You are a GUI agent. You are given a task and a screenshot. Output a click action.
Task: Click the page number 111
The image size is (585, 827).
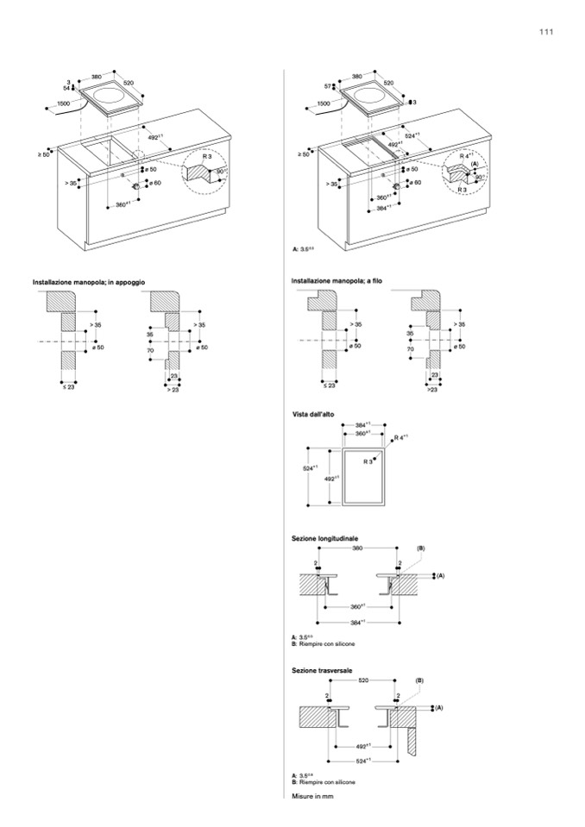click(x=545, y=32)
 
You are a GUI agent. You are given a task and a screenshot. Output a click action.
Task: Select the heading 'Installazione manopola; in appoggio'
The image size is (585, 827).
click(x=89, y=282)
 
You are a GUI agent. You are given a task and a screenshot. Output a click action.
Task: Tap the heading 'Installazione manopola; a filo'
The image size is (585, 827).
click(x=337, y=282)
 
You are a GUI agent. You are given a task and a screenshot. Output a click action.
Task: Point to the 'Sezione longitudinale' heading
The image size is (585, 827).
click(x=325, y=538)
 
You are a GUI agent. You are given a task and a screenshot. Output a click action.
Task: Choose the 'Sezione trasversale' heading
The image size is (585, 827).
click(x=324, y=668)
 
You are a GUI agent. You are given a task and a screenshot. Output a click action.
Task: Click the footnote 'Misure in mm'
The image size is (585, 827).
click(x=312, y=796)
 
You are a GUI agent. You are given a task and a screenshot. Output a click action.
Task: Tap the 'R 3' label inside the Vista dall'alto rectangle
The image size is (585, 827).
click(x=368, y=462)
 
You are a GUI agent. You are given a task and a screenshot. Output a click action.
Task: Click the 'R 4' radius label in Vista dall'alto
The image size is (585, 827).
click(x=399, y=439)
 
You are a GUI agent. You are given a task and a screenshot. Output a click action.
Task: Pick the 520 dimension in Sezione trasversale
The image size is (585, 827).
click(x=363, y=680)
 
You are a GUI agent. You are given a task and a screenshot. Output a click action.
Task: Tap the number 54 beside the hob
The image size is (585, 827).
click(x=66, y=88)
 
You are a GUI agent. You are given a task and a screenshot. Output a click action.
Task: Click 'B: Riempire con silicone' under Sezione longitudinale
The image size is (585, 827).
click(x=323, y=644)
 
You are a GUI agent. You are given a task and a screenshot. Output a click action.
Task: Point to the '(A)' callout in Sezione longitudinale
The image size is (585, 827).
click(x=439, y=574)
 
